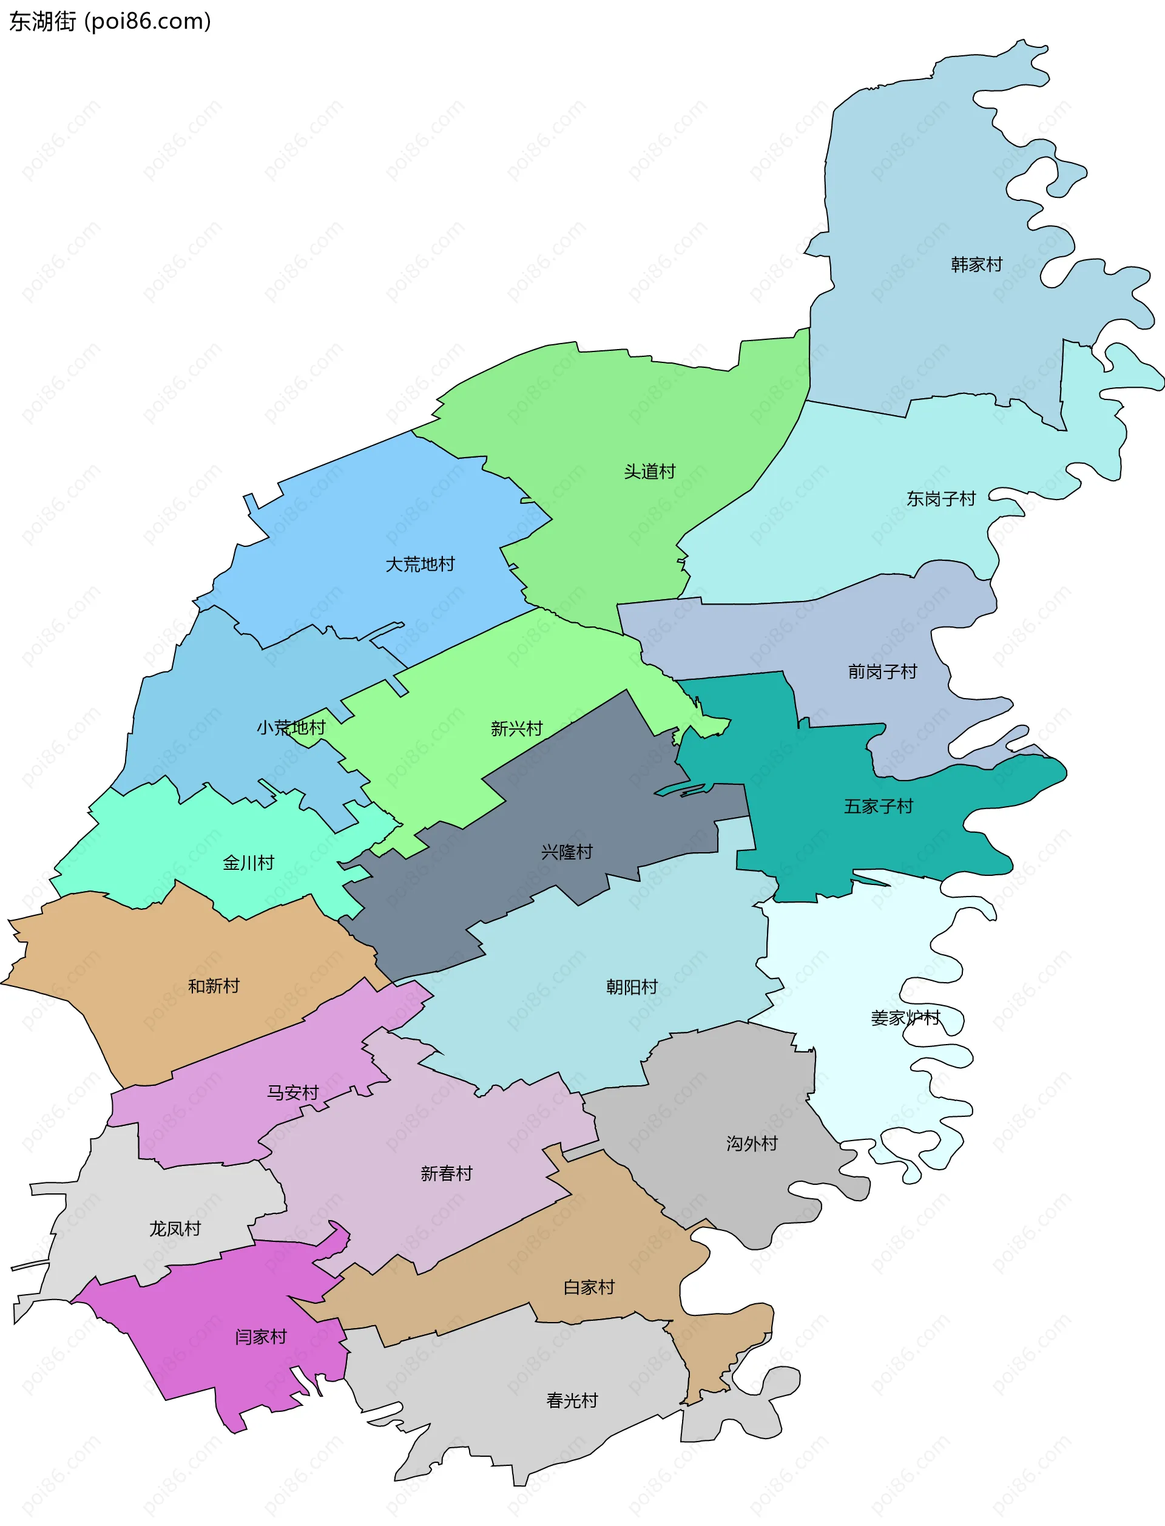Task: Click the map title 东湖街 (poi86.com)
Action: point(110,21)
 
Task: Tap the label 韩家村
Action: point(976,264)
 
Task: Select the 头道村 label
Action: point(649,472)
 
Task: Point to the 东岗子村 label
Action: point(941,499)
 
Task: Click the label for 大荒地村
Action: point(420,564)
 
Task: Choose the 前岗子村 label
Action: point(882,671)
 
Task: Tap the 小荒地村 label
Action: point(291,728)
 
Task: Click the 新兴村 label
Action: point(516,728)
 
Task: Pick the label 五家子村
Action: point(878,806)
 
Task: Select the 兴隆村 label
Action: point(567,852)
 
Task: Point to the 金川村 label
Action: point(248,863)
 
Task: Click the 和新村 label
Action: point(214,986)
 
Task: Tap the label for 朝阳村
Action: point(632,986)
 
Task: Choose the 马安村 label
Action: point(292,1093)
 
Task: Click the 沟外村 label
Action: point(752,1143)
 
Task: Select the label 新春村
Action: point(446,1173)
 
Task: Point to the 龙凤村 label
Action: point(175,1229)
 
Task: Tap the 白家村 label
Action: point(589,1287)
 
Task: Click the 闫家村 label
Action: point(261,1337)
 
